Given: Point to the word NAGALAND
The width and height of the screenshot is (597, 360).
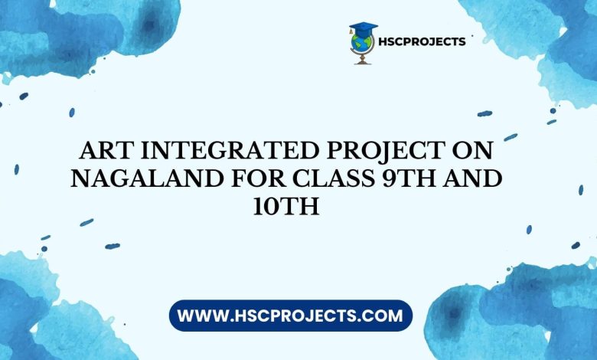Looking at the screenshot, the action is click(147, 178).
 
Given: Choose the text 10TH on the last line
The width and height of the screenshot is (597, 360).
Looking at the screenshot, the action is click(286, 208).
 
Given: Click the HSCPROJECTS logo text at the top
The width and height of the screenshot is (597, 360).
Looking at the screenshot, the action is click(422, 41).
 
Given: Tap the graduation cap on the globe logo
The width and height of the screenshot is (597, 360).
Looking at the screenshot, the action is click(364, 29).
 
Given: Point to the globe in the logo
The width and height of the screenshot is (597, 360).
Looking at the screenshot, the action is click(361, 43).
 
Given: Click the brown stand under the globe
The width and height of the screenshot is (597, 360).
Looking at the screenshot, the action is click(363, 59).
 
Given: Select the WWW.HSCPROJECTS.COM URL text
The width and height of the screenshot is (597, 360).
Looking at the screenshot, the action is click(290, 316).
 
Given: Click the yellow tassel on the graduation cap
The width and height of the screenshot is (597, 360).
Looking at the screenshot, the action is click(351, 31).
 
